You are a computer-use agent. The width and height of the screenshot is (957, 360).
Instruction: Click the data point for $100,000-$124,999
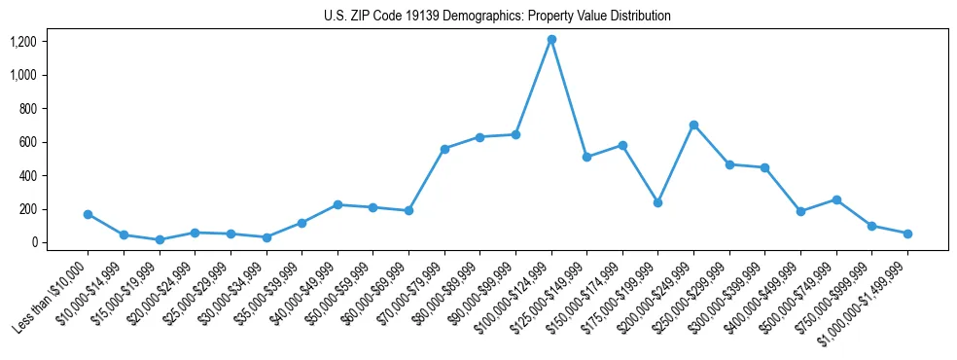551,39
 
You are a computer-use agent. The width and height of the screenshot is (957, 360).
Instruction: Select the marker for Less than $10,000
88,214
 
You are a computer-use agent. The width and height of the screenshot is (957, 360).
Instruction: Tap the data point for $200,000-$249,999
693,125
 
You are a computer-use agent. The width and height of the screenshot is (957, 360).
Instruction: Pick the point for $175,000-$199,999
657,202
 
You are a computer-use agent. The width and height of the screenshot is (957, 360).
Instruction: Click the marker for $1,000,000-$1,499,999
907,234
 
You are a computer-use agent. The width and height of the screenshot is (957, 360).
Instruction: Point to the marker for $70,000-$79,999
444,149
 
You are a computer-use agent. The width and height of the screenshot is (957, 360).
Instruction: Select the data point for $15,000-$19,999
159,239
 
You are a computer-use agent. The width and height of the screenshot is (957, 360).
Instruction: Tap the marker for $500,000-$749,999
836,199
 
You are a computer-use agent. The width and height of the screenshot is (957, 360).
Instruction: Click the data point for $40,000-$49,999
337,204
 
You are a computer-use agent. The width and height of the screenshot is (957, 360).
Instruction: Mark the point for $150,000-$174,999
622,145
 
